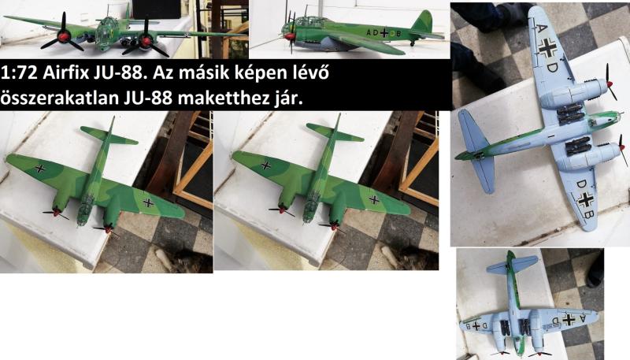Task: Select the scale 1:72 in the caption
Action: (19, 73)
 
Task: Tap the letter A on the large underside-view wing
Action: (542, 28)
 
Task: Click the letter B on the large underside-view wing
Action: (588, 214)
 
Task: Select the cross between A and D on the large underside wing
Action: (547, 48)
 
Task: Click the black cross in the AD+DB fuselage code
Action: (384, 33)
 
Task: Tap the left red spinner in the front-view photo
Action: (65, 37)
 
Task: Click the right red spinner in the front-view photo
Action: (146, 41)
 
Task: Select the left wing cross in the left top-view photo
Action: (40, 169)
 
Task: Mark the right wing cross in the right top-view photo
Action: (374, 199)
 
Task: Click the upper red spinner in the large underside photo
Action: (610, 84)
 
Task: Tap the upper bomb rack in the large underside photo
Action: (570, 113)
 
